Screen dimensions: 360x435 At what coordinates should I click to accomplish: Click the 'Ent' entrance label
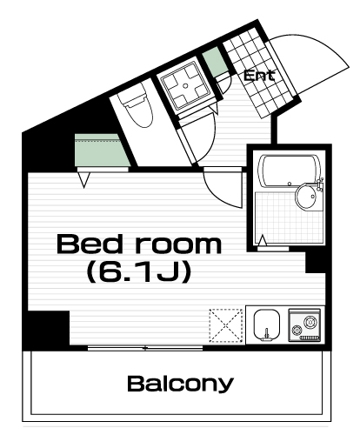tap(259, 76)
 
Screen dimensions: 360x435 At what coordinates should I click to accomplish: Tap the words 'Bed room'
tap(139, 244)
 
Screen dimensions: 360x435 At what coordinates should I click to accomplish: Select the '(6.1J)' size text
tap(139, 271)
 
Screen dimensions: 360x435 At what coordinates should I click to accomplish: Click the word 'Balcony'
tap(180, 384)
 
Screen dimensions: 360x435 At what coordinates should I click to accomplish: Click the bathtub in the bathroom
tap(290, 171)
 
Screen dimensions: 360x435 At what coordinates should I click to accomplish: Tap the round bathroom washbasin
tap(307, 196)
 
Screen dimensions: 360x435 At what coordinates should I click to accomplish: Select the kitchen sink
tap(267, 325)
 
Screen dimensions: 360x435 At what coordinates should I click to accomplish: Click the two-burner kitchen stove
tap(304, 325)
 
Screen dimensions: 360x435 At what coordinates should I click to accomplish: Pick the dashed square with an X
tap(226, 325)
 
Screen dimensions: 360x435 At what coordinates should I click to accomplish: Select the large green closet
tap(102, 150)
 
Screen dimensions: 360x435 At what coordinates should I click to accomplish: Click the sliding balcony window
tap(145, 348)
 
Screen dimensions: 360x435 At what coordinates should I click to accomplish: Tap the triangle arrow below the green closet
tap(84, 180)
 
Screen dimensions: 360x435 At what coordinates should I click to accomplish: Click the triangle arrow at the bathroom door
tap(263, 241)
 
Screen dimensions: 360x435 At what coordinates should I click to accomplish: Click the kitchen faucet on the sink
tap(266, 334)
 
